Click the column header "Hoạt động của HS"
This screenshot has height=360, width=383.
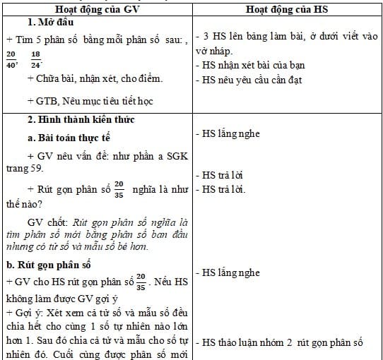tap(289, 11)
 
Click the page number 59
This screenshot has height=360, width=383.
tap(37, 168)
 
